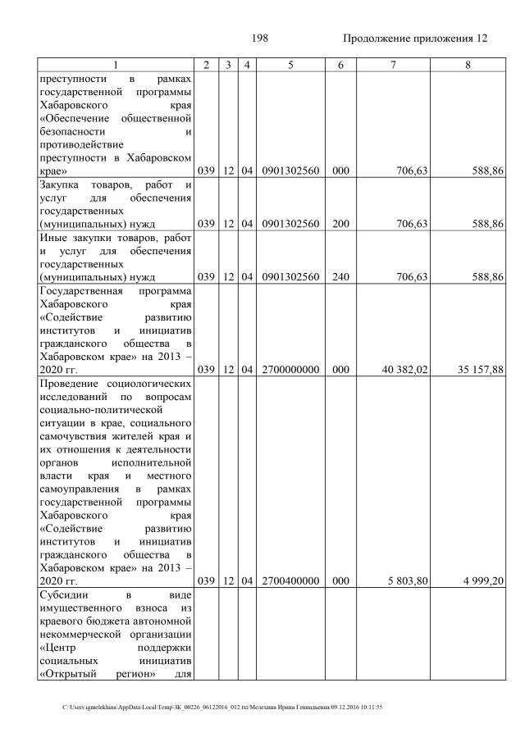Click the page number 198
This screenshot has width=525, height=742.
(262, 39)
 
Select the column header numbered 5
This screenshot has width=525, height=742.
(290, 65)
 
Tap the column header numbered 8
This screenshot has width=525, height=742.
(467, 65)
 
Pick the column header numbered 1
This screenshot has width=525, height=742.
(116, 65)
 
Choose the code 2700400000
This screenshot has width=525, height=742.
(290, 580)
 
